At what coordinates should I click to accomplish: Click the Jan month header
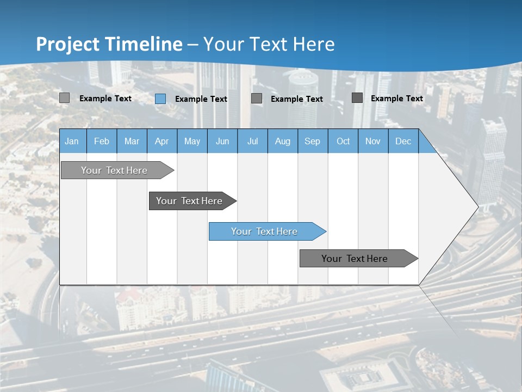pos(72,141)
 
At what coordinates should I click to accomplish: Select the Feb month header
pos(102,141)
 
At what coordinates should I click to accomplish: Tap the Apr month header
pos(162,141)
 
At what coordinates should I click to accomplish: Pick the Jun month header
pos(222,141)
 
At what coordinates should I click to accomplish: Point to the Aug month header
pos(283,141)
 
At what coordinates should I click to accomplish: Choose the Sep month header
pos(313,141)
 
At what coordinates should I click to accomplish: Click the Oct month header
pos(343,141)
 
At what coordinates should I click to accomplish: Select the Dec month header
pos(403,141)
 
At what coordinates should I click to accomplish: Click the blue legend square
pos(160,99)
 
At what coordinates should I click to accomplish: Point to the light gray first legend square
pos(65,98)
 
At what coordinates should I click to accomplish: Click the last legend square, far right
pos(357,98)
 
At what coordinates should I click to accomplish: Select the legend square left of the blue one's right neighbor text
pos(257,99)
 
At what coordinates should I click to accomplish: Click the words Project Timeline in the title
pos(109,44)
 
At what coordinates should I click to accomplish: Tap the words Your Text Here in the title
pos(269,44)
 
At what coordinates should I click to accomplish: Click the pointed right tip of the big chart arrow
pos(477,207)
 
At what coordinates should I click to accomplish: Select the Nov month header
pos(373,141)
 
